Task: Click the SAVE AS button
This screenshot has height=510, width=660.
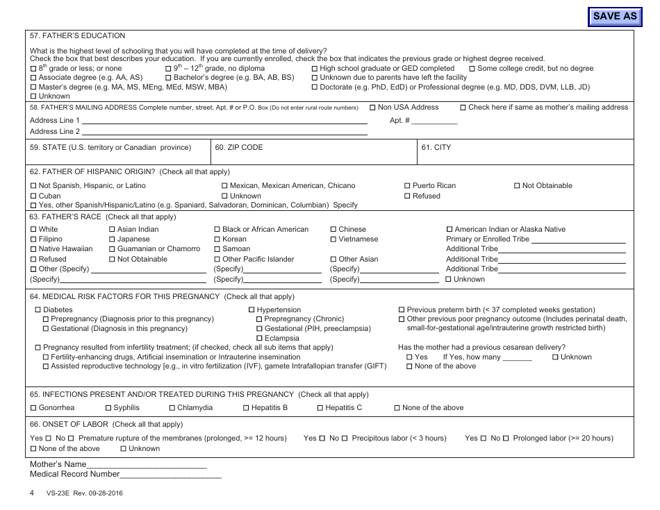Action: click(x=614, y=16)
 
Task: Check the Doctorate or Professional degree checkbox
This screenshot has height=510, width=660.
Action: click(x=315, y=87)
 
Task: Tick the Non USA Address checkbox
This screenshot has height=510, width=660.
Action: click(x=373, y=108)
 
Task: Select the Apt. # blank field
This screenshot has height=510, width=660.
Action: click(x=434, y=121)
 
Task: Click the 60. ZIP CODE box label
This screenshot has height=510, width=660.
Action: click(x=239, y=148)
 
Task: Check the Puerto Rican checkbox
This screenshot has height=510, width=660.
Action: click(x=407, y=186)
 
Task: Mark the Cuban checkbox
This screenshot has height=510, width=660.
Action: click(x=33, y=196)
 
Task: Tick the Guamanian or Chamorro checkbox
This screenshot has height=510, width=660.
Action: click(x=112, y=249)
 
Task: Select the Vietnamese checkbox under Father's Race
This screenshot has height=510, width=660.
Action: click(x=333, y=239)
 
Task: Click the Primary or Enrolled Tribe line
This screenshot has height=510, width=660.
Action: click(x=578, y=239)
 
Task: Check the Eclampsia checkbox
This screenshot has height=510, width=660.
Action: click(x=260, y=339)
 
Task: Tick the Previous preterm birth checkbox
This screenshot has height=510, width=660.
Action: click(x=402, y=310)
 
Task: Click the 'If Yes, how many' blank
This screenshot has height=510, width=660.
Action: click(x=517, y=357)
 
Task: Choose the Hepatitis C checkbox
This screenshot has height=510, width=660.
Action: click(x=320, y=408)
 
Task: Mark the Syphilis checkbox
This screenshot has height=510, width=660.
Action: click(x=108, y=408)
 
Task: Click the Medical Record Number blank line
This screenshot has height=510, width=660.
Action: click(x=171, y=475)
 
